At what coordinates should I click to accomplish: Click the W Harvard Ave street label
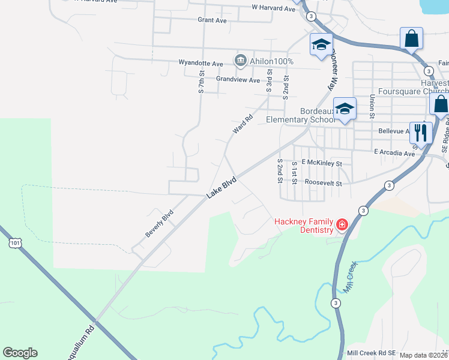tap(273, 8)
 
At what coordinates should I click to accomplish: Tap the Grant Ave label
tap(212, 20)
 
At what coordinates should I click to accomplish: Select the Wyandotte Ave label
tap(200, 62)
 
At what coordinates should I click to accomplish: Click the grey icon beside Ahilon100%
tap(240, 61)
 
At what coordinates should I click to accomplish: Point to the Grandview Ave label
tap(238, 80)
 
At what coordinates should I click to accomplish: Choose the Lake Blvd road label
tap(222, 187)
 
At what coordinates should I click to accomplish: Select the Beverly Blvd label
tap(159, 223)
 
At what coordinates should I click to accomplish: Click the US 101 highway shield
tap(14, 242)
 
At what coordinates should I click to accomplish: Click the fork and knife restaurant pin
tap(421, 133)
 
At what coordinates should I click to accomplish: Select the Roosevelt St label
tap(323, 182)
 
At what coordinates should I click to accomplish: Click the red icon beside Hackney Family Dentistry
tap(342, 225)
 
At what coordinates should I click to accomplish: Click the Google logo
tap(20, 353)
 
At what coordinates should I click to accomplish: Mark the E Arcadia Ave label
tap(394, 153)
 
